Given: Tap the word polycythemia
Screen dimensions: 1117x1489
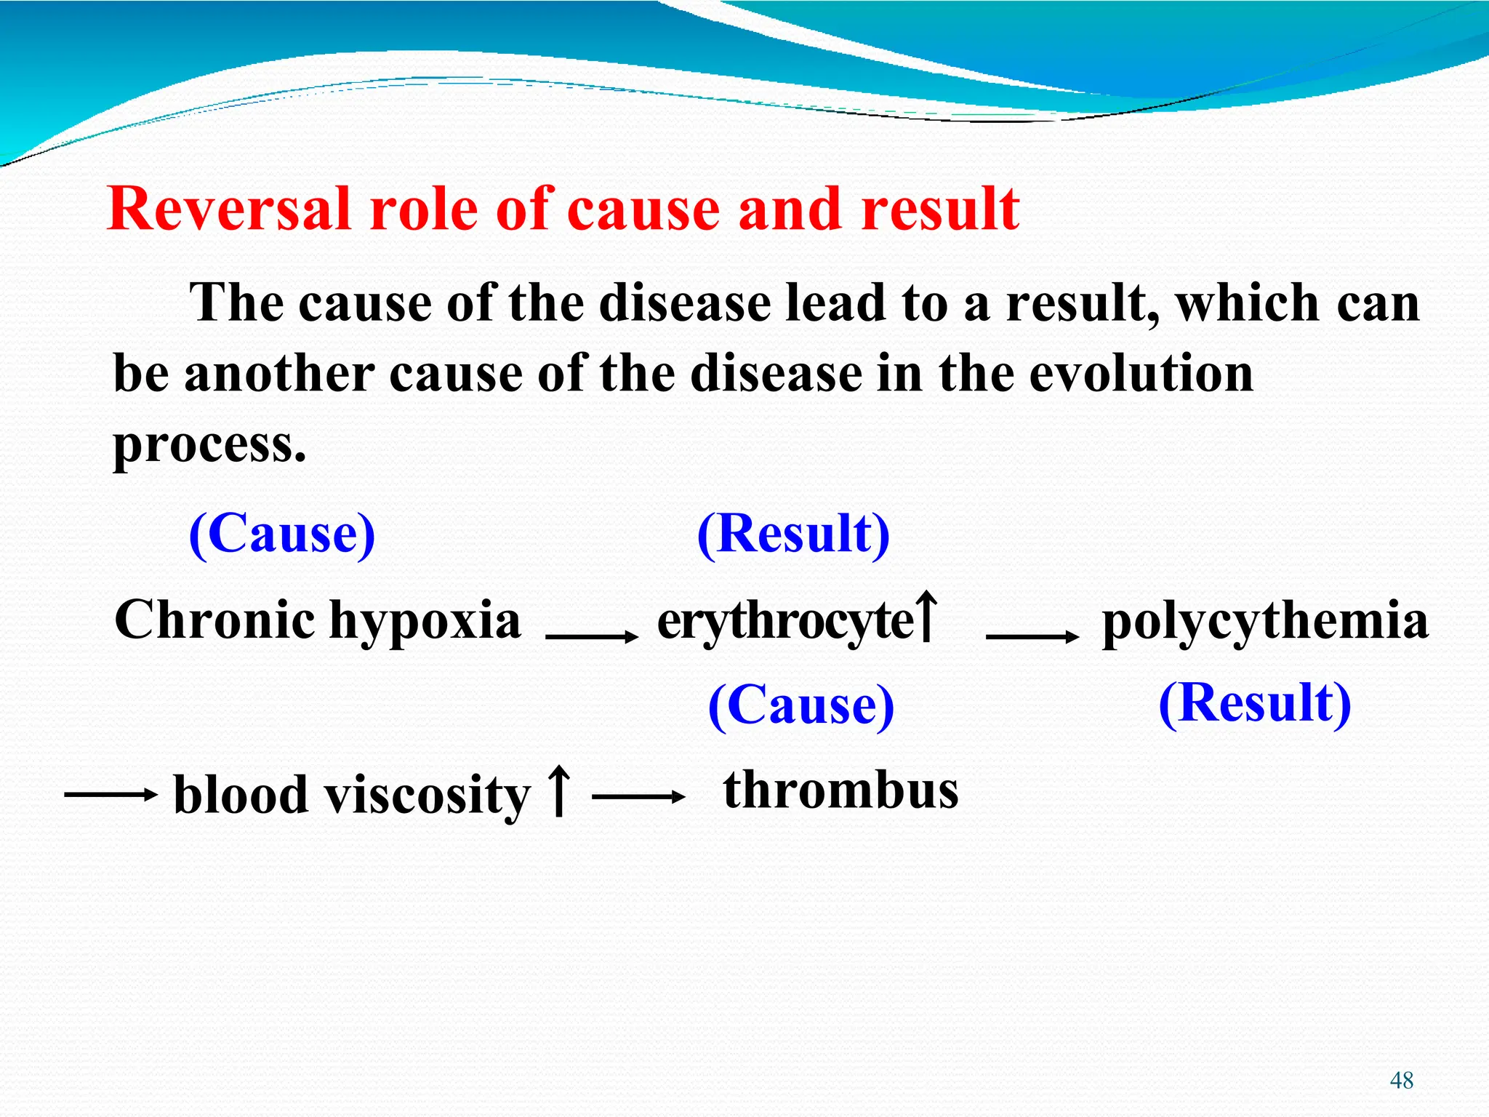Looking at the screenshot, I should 1265,622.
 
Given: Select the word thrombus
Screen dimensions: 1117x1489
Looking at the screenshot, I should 840,790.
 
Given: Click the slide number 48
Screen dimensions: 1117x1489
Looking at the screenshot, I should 1401,1081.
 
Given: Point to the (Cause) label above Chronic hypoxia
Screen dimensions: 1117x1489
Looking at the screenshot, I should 282,534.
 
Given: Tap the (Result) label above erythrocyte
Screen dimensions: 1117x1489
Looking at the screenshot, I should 793,534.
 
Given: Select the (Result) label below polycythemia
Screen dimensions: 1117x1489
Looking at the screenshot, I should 1255,703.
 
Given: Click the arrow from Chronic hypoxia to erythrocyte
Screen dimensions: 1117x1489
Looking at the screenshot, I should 591,637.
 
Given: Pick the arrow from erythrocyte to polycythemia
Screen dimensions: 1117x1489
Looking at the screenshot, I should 1032,637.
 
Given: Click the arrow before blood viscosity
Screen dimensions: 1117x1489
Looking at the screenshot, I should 111,795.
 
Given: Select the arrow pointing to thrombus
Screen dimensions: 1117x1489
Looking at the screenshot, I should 638,797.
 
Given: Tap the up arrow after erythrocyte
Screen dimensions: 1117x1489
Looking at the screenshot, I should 926,617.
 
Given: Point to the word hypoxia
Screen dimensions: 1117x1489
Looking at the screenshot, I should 425,622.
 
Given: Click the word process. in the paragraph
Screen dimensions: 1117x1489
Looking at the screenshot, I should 209,444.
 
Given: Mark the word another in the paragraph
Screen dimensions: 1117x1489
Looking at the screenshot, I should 278,374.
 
